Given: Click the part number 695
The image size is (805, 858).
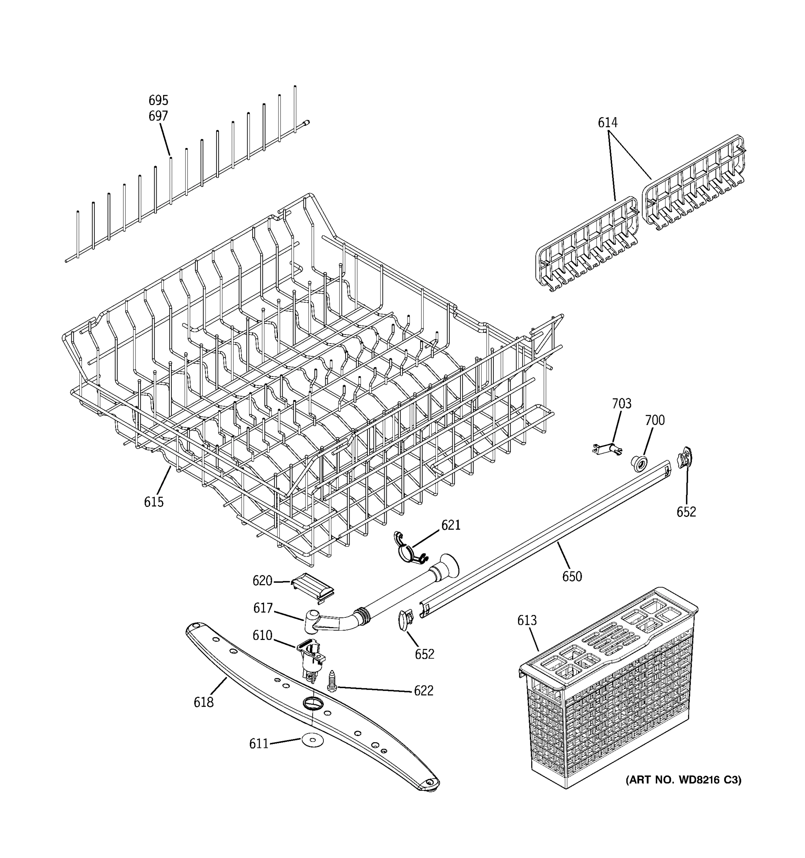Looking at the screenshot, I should point(158,100).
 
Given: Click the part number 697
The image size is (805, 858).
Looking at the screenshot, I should point(158,116).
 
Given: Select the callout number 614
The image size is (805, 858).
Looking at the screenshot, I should point(607,123).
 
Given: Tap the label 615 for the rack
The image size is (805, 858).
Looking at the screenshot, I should point(154,502).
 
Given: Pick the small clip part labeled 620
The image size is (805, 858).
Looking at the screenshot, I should point(313,587).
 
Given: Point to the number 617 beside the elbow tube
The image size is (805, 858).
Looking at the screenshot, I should point(263,608).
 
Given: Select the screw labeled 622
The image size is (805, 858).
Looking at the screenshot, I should point(332,681).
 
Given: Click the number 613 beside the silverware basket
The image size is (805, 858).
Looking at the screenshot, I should point(527,620).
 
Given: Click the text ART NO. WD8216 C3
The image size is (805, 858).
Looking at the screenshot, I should point(683,780).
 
